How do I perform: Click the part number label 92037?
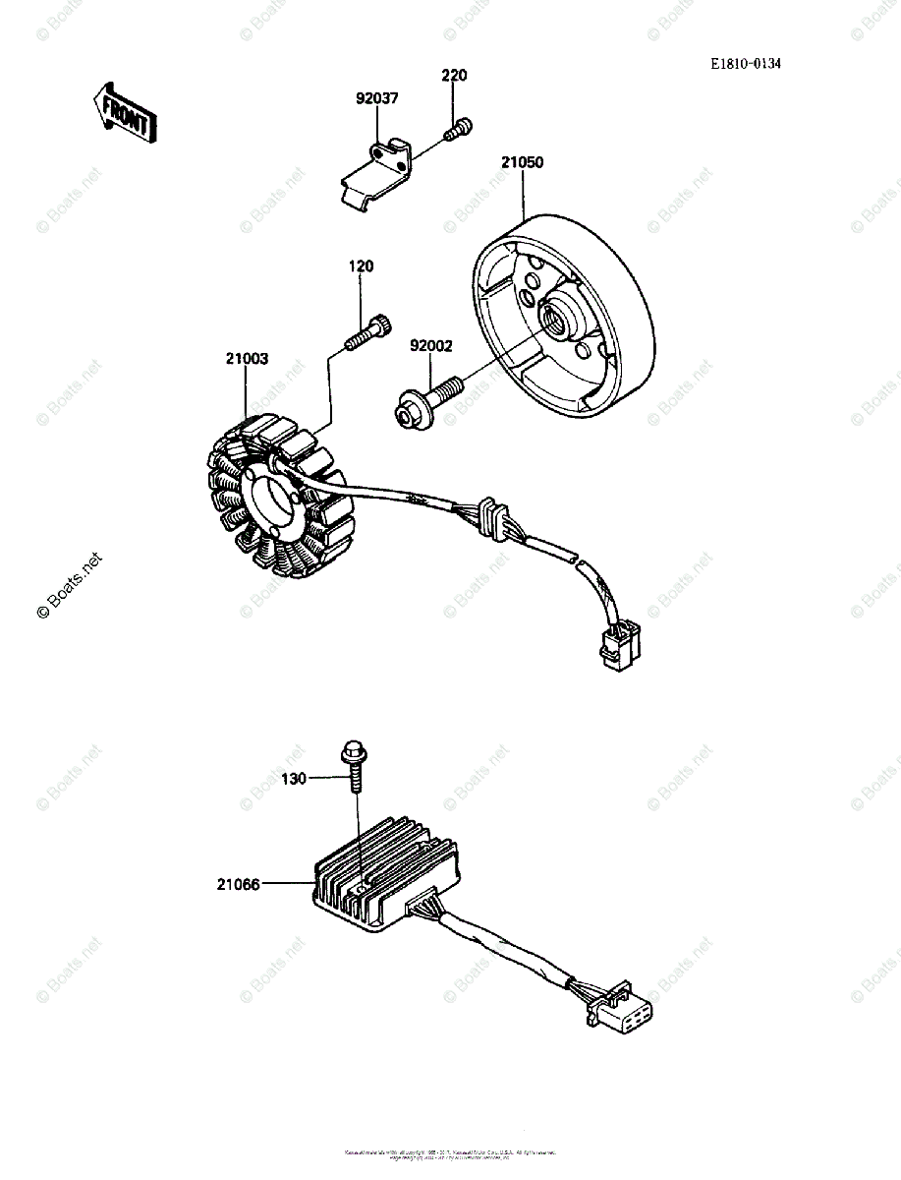tap(377, 98)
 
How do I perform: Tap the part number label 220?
tap(454, 76)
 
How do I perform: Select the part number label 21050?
tap(522, 163)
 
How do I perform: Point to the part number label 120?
tap(361, 266)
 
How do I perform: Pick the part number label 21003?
tap(246, 360)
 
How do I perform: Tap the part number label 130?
tap(294, 779)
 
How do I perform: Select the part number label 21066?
tap(239, 884)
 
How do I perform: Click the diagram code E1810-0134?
tap(747, 64)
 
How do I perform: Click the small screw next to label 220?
tap(458, 128)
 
